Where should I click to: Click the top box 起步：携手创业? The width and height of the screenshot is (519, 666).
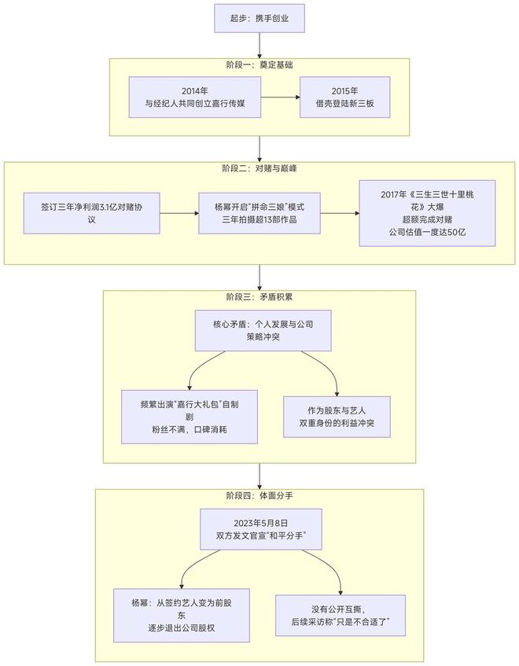(259, 17)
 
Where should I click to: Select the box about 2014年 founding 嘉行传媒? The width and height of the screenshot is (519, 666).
(193, 98)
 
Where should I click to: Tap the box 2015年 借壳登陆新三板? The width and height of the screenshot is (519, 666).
(344, 98)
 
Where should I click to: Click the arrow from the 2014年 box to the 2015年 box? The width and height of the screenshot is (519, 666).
(280, 98)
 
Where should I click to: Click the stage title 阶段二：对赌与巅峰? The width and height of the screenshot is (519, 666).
(259, 168)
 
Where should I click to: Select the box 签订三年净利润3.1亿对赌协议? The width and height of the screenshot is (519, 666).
(92, 213)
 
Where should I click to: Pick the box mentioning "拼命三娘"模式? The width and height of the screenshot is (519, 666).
(259, 213)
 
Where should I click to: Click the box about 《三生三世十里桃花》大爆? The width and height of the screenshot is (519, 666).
(427, 213)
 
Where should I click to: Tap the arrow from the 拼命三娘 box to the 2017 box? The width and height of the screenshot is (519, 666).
(340, 213)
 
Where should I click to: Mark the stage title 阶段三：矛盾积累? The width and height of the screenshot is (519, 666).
(259, 297)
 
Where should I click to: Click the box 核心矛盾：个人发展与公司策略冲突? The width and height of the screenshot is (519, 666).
(259, 330)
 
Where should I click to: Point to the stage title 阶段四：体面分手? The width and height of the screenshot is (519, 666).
(259, 496)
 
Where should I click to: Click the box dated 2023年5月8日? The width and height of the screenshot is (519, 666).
(260, 529)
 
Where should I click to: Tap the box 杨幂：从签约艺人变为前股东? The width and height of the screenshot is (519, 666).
(182, 615)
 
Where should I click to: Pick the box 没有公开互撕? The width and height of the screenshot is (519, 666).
(341, 615)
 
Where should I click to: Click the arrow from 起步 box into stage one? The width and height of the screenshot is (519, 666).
(259, 46)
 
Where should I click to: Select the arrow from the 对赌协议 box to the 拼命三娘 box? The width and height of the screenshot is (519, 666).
(179, 213)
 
